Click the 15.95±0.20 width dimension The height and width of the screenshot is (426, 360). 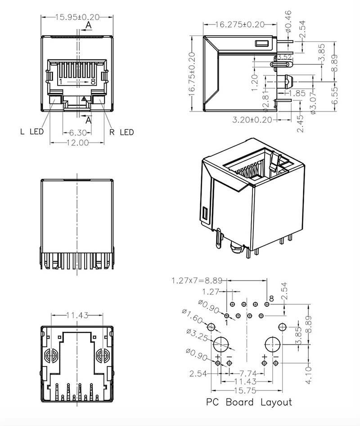pyautogui.click(x=77, y=17)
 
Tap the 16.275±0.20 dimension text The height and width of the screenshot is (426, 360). pyautogui.click(x=240, y=24)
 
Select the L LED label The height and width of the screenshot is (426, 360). pyautogui.click(x=32, y=132)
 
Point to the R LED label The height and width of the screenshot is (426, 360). pyautogui.click(x=121, y=132)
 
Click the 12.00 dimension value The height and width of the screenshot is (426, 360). pyautogui.click(x=78, y=143)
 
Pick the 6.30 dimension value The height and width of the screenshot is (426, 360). pyautogui.click(x=78, y=133)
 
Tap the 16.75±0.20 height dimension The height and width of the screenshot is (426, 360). pyautogui.click(x=192, y=74)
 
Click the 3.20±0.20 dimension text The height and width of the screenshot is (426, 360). pyautogui.click(x=252, y=119)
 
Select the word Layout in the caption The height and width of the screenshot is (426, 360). pyautogui.click(x=276, y=402)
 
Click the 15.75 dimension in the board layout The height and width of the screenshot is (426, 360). pyautogui.click(x=245, y=391)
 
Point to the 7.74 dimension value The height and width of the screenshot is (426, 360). pyautogui.click(x=247, y=374)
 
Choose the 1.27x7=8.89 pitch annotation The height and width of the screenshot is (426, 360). pyautogui.click(x=197, y=281)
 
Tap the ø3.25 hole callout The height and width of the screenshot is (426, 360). pyautogui.click(x=197, y=335)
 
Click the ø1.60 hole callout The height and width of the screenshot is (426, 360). pyautogui.click(x=192, y=316)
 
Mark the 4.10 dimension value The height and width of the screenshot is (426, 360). pyautogui.click(x=309, y=375)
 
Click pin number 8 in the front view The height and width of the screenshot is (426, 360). pyautogui.click(x=93, y=82)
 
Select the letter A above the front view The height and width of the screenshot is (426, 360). pyautogui.click(x=89, y=25)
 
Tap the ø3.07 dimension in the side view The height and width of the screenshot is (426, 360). pyautogui.click(x=313, y=103)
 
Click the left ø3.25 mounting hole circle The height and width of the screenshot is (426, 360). pyautogui.click(x=220, y=344)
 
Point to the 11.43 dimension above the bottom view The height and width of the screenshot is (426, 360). pyautogui.click(x=77, y=315)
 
